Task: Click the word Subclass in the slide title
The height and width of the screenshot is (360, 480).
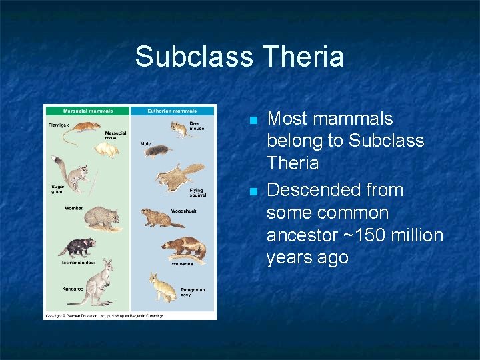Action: click(193, 57)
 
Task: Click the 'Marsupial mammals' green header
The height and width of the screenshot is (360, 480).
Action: click(87, 111)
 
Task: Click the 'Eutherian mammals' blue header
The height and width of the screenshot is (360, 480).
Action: click(173, 111)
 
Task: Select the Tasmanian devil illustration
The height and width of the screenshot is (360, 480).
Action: click(78, 247)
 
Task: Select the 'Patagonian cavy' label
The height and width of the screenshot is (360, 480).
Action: click(193, 292)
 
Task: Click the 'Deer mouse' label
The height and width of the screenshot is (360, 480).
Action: click(197, 125)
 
